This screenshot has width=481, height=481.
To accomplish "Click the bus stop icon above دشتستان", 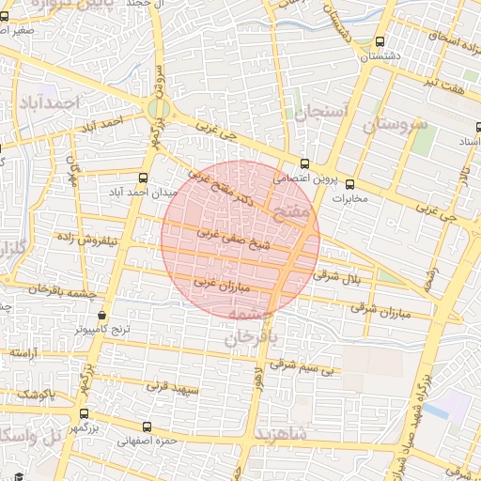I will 380,42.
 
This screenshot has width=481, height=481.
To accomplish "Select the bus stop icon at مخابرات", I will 350,184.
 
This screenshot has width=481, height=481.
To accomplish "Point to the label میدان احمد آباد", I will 134,193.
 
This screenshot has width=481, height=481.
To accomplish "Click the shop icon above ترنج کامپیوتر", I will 101,316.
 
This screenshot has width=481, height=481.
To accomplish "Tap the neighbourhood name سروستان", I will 396,124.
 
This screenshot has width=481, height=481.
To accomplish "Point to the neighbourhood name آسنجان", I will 321,113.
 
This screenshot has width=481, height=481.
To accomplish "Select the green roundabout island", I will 159,110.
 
